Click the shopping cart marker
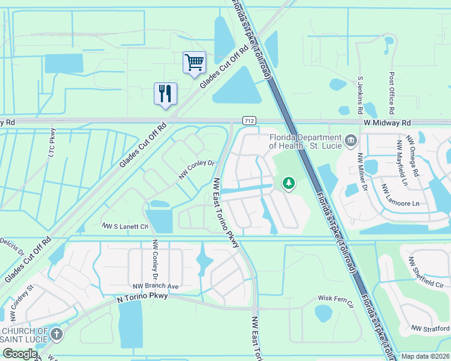click(x=194, y=63)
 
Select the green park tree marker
click(x=289, y=183)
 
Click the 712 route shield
click(x=248, y=121)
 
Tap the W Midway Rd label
click(x=386, y=122)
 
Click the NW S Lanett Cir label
click(x=125, y=226)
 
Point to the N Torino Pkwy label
click(x=140, y=296)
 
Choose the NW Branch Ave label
click(x=157, y=286)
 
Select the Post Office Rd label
click(x=391, y=93)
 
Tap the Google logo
click(x=20, y=354)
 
